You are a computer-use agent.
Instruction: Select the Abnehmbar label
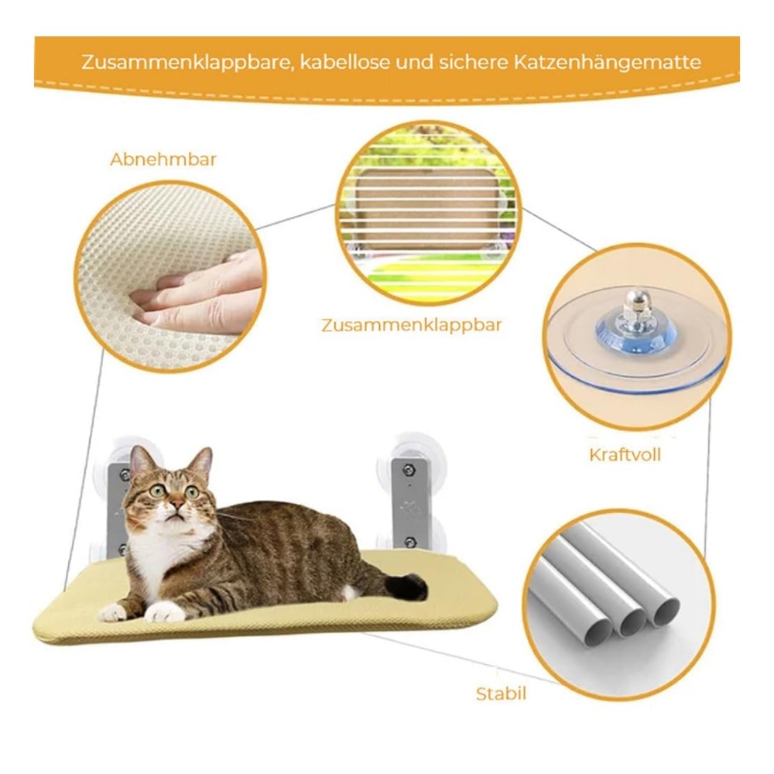(x=163, y=159)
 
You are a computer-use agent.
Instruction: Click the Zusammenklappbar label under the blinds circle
(x=411, y=325)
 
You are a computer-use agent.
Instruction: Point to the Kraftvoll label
(x=625, y=454)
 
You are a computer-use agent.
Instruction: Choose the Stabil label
(x=501, y=694)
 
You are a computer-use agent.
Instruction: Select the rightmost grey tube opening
(x=666, y=611)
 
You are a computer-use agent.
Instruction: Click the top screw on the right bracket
(x=408, y=471)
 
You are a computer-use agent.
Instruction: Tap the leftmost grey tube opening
(x=601, y=634)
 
